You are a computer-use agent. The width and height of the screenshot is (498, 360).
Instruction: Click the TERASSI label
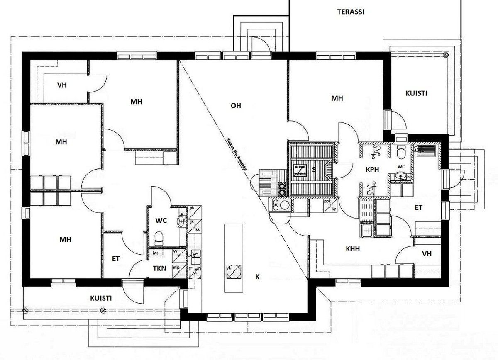(x=351, y=12)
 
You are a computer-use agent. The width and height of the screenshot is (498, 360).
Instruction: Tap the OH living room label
(x=236, y=106)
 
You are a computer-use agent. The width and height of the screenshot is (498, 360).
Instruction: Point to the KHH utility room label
(x=353, y=249)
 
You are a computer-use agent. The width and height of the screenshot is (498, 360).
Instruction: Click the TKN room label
(x=159, y=268)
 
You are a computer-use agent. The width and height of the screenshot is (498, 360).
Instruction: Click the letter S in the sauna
(x=314, y=169)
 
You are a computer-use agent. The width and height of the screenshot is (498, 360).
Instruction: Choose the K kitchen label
(x=257, y=277)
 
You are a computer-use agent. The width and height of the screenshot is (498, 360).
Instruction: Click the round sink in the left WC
(x=181, y=220)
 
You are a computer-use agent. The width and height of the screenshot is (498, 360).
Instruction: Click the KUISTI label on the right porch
(x=416, y=93)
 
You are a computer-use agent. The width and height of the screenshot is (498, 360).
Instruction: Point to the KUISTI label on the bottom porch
(x=100, y=298)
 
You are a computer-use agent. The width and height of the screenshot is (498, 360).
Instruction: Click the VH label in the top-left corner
(x=62, y=85)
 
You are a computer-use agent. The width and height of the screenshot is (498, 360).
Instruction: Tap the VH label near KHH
(x=427, y=254)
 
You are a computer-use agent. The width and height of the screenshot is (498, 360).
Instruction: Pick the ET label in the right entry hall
(x=418, y=207)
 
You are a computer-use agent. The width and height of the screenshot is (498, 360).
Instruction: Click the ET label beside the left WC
(x=116, y=259)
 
